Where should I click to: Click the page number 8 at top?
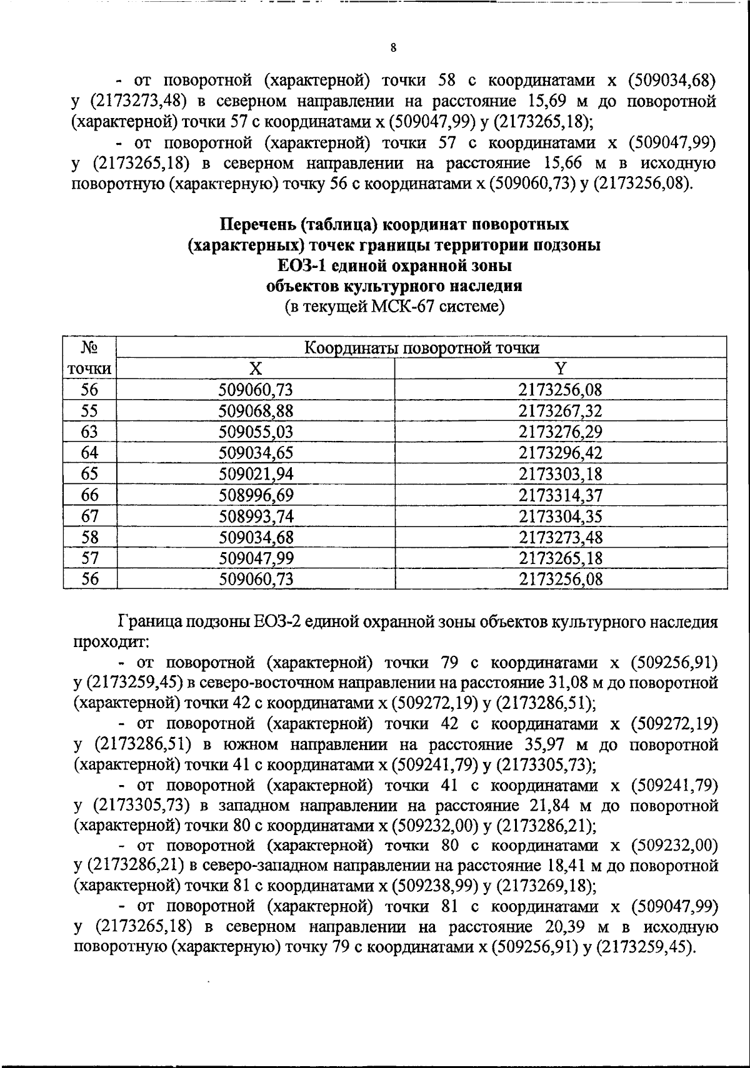[x=393, y=48]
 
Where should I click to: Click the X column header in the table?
[x=256, y=368]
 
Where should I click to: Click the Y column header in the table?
[x=561, y=368]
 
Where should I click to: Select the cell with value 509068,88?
[x=256, y=411]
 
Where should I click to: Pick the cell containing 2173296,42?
[x=561, y=453]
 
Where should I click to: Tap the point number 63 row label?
[x=90, y=432]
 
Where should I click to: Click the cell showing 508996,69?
[x=256, y=495]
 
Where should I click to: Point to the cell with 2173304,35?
[x=561, y=517]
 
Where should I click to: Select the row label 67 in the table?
[x=90, y=517]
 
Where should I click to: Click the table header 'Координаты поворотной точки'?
[x=421, y=348]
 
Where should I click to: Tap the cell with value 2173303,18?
[x=561, y=474]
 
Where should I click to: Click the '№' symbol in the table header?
[x=90, y=347]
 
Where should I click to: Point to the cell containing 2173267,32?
[x=561, y=411]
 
